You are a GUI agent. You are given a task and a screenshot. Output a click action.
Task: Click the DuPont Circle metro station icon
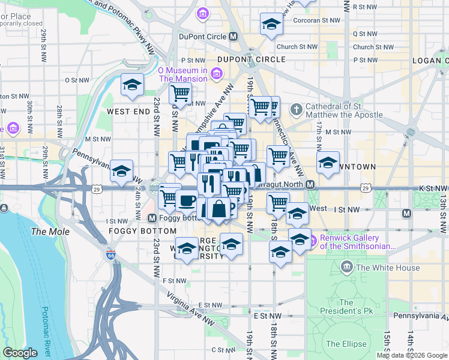coord(234,37)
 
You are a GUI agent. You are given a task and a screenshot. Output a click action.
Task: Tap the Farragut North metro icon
coord(310,184)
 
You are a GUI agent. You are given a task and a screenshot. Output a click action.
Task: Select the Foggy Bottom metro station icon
coord(152,218)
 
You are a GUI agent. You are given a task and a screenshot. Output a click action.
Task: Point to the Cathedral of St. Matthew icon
coord(295,110)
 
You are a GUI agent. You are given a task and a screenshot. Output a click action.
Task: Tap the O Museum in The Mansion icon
coord(217,74)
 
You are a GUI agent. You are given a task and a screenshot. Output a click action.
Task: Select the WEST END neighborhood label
coord(128,112)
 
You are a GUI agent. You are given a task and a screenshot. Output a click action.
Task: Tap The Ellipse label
coord(346,344)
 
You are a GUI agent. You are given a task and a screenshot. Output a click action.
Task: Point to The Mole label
coord(46,232)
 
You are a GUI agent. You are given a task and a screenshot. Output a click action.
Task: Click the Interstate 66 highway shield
coord(111,254)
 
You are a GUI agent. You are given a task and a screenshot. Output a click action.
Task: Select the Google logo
coord(20,353)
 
